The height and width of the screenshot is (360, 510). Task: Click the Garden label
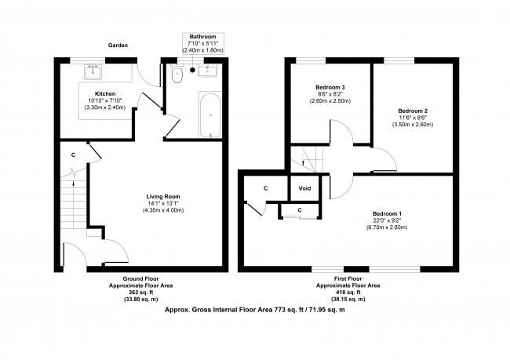pyautogui.click(x=118, y=45)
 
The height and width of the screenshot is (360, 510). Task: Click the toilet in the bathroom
pyautogui.click(x=177, y=76)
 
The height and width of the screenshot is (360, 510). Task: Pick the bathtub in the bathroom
pyautogui.click(x=209, y=115)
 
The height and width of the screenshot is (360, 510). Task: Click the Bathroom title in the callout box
pyautogui.click(x=202, y=37)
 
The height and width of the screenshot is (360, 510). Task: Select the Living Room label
pyautogui.click(x=163, y=196)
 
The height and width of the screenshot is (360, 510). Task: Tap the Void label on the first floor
pyautogui.click(x=304, y=188)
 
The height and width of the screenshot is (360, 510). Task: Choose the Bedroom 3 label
pyautogui.click(x=330, y=86)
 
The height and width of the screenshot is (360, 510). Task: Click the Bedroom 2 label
pyautogui.click(x=412, y=111)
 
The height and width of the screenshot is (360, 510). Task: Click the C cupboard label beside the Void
pyautogui.click(x=266, y=188)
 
